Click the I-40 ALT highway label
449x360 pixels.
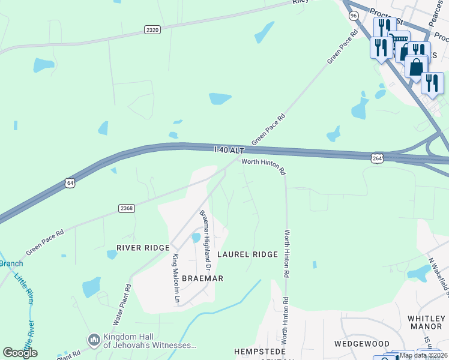pos(229,150)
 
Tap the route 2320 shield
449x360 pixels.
pos(152,29)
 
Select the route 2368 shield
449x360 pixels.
pos(126,208)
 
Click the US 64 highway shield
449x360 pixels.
pos(70,182)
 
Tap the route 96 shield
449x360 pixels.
pos(354,16)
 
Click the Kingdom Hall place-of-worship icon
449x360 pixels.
pos(94,340)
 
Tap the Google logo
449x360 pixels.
pos(20,353)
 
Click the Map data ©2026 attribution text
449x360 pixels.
pos(423,355)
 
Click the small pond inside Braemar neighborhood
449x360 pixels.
pos(196,238)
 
